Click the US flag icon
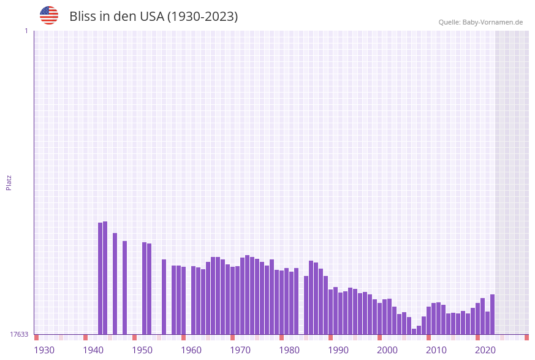(x=49, y=15)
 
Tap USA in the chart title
(x=153, y=17)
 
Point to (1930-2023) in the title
(x=202, y=17)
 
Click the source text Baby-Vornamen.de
(x=494, y=22)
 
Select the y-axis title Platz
(x=9, y=182)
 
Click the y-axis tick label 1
(x=26, y=31)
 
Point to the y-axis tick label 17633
(x=19, y=334)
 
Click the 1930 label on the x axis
(x=44, y=350)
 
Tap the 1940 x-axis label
(x=93, y=350)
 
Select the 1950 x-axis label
(x=142, y=350)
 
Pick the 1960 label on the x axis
(x=191, y=350)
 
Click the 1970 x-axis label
(x=240, y=350)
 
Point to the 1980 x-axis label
(x=289, y=350)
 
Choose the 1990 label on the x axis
(x=338, y=350)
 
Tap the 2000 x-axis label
(x=387, y=350)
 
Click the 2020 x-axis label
(x=485, y=350)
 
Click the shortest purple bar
(x=414, y=331)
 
